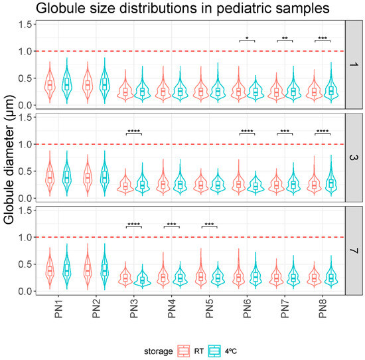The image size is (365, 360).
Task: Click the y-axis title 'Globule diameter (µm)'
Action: (11, 157)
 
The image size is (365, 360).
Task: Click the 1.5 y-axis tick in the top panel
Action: (27, 25)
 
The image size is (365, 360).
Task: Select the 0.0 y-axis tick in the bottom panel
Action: (27, 291)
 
